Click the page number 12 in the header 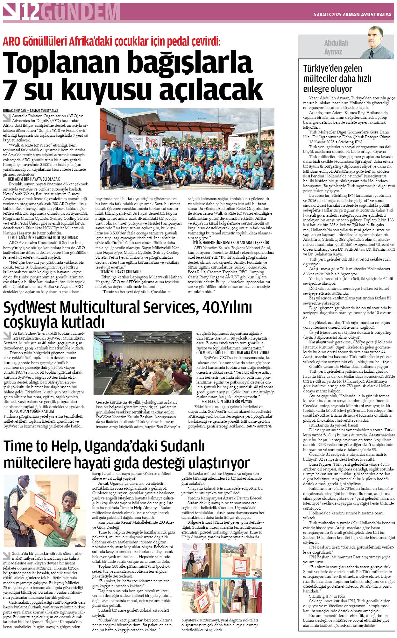[31, 13]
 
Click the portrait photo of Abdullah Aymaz [376, 42]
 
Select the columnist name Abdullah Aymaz [336, 47]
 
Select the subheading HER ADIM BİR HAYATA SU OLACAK [34, 179]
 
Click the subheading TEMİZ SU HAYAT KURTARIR [121, 272]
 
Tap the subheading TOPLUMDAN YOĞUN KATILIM [32, 412]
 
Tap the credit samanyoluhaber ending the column [364, 625]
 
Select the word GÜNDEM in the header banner [80, 13]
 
